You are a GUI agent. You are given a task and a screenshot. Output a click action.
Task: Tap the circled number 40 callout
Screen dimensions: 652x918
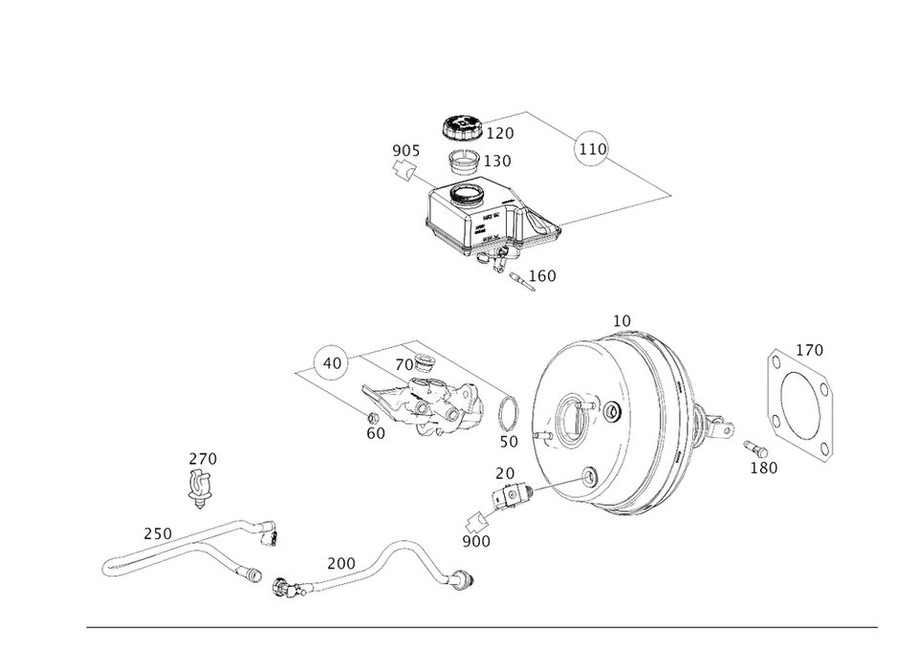click(x=331, y=363)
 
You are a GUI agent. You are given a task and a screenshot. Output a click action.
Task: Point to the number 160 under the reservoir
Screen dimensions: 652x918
click(x=542, y=276)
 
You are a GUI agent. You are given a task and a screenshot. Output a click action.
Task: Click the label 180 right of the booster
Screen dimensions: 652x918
click(x=765, y=466)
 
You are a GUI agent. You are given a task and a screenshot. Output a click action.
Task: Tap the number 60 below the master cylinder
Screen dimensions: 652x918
click(x=376, y=433)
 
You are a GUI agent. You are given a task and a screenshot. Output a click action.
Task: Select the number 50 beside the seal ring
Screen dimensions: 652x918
click(x=509, y=442)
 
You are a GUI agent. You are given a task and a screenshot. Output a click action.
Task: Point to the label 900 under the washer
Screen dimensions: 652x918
click(x=476, y=542)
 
